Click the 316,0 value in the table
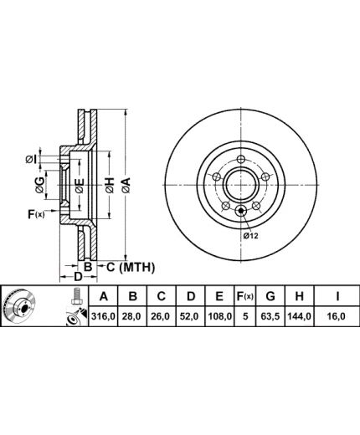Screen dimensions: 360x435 103,316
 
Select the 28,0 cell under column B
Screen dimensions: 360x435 132,316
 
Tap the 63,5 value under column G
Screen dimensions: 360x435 270,316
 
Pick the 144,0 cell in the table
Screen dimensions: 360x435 299,316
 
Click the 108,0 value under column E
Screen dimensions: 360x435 220,316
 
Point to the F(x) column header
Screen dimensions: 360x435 245,296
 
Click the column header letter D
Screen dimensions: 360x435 191,296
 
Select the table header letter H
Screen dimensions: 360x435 299,296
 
